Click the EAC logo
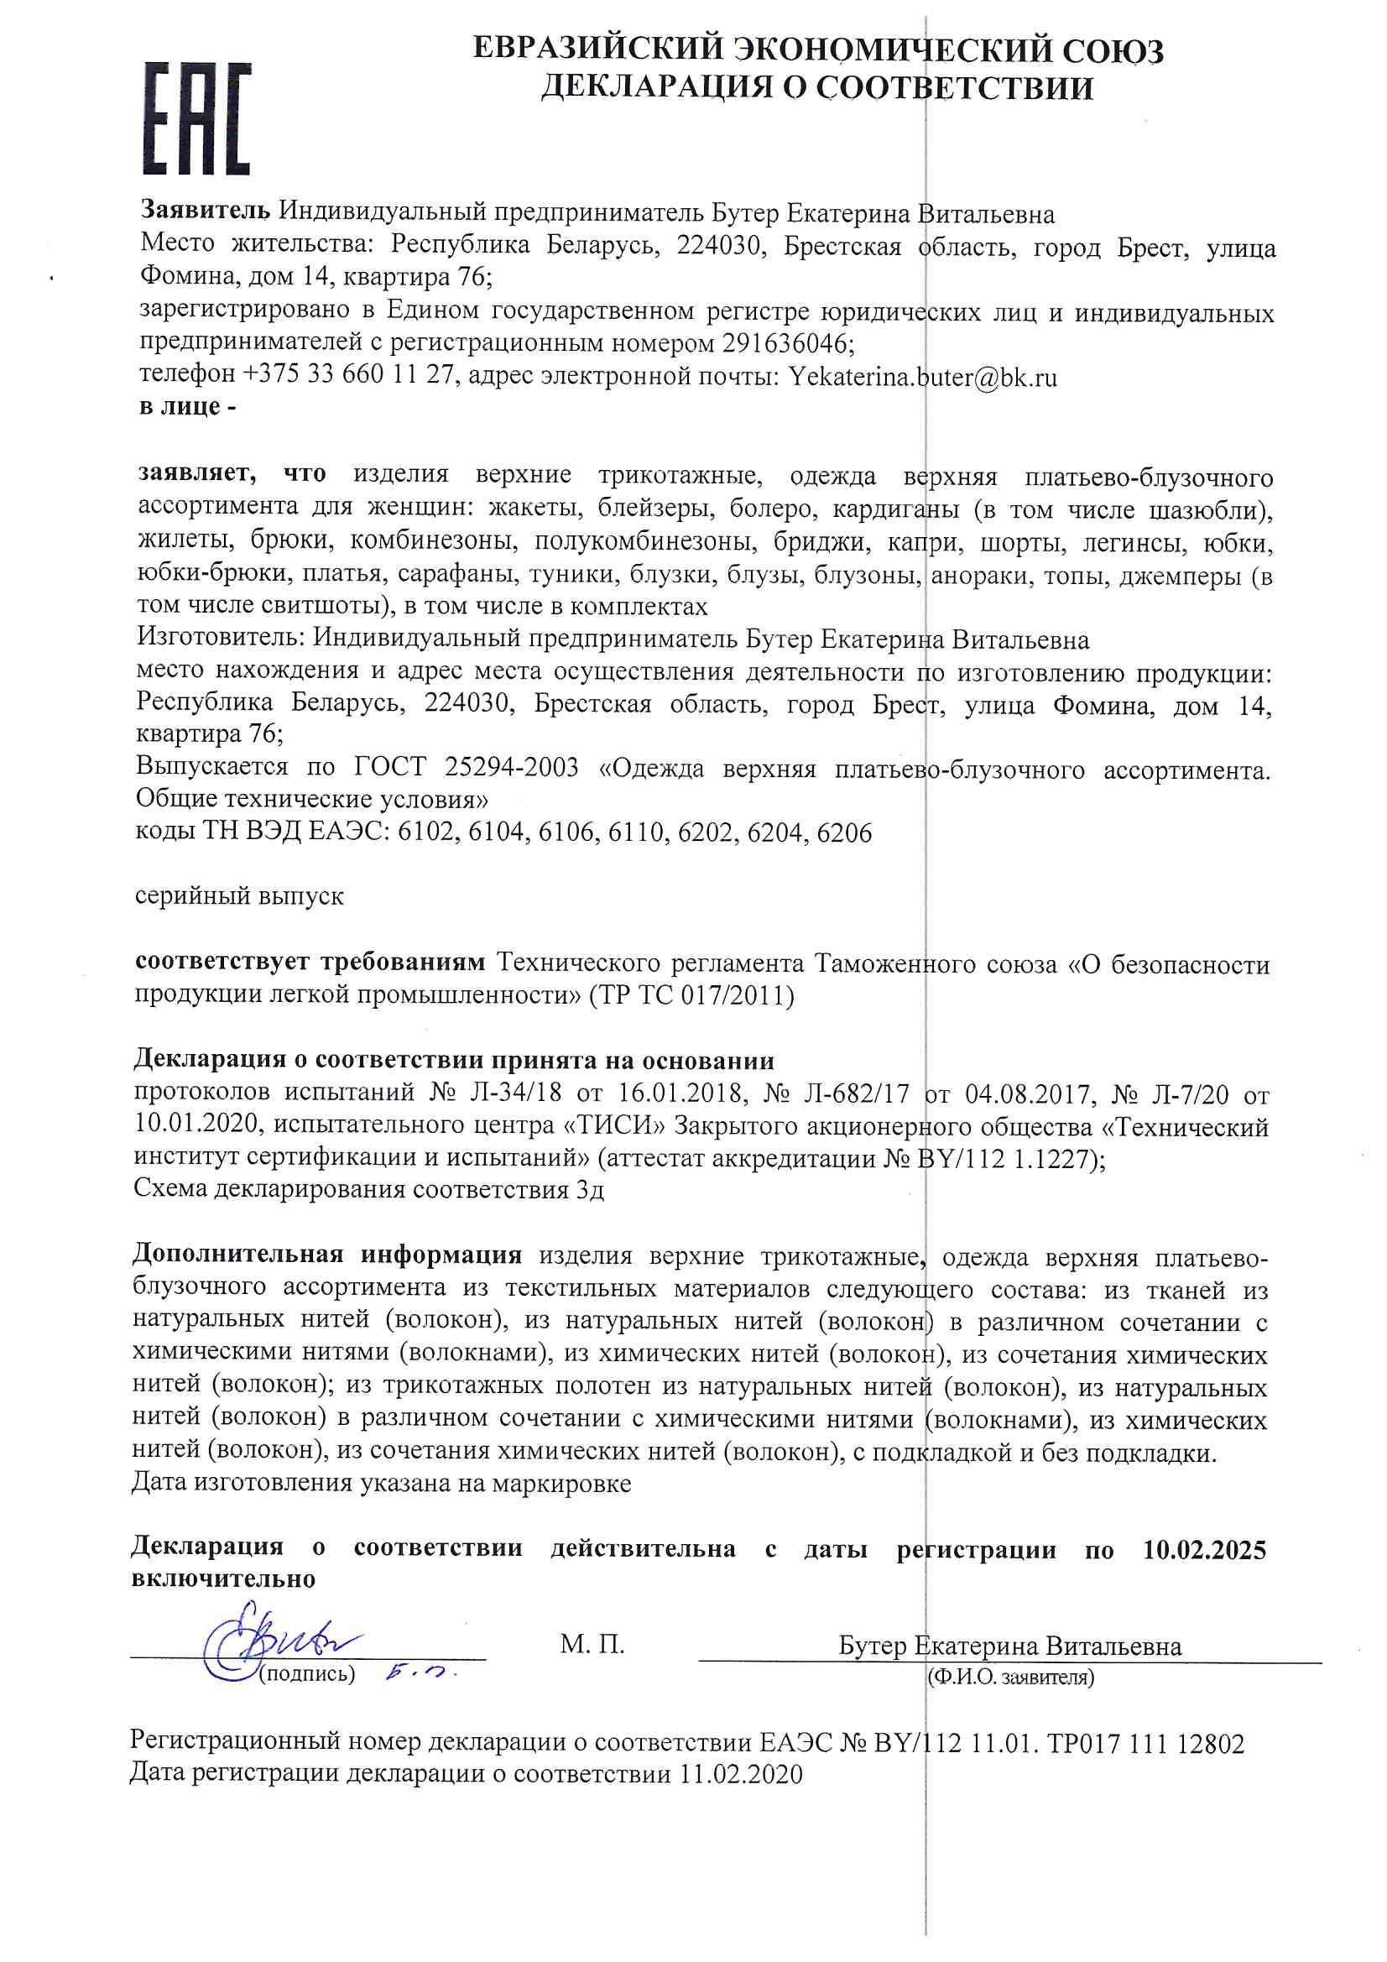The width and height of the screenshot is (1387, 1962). pos(196,118)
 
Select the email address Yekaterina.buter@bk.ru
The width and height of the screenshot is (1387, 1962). pos(922,377)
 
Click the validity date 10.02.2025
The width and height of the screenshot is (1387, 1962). pos(1203,1550)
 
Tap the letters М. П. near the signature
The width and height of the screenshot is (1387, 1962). pos(592,1643)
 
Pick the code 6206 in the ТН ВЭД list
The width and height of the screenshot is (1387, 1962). pos(843,832)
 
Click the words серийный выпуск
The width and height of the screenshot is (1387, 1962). pos(239,896)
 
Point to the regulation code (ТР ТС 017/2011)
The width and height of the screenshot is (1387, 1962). pos(691,995)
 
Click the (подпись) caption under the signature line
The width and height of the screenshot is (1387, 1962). pos(307,1673)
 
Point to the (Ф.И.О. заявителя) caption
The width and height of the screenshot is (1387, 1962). pos(1010,1677)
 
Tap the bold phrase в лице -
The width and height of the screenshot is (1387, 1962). pos(188,408)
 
